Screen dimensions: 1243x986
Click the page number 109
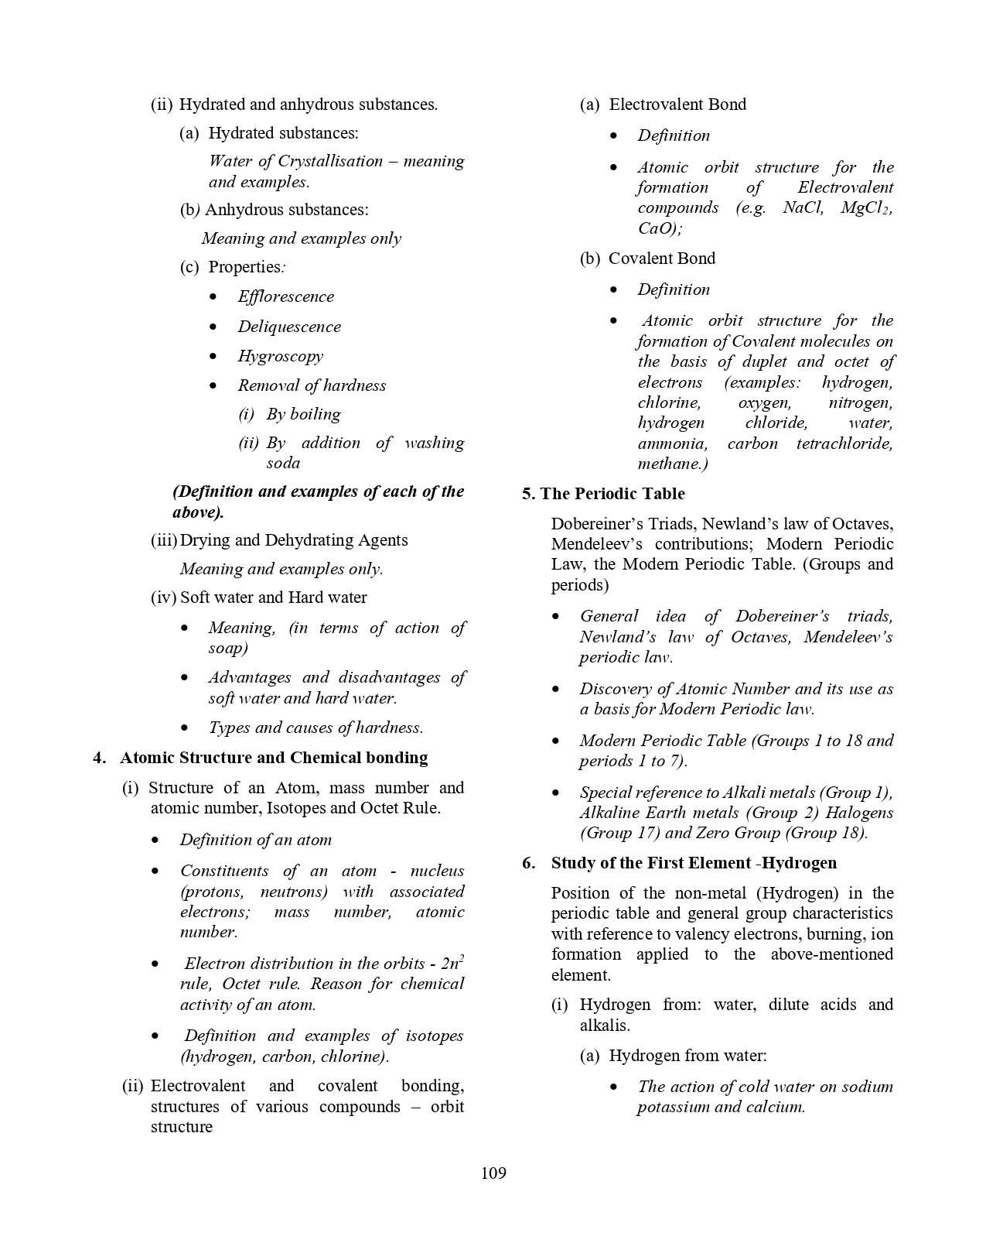(x=493, y=1173)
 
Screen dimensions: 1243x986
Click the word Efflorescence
(x=285, y=297)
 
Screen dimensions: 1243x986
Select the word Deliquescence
(x=288, y=327)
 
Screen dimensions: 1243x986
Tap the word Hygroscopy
(x=280, y=356)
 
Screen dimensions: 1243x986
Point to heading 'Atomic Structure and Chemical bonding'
(x=274, y=758)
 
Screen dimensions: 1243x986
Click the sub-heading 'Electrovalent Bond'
(x=677, y=104)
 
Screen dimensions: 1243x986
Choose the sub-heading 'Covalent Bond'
(x=661, y=259)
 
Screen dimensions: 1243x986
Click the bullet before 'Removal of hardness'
(x=213, y=385)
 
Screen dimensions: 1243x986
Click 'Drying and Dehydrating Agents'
(x=293, y=540)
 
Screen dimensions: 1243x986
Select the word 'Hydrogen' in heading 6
(x=800, y=863)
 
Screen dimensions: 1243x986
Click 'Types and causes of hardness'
(x=316, y=728)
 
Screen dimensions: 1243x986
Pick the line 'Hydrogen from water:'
(x=687, y=1056)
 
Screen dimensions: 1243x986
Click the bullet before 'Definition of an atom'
(x=156, y=841)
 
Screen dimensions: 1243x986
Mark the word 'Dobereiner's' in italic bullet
(x=782, y=616)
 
